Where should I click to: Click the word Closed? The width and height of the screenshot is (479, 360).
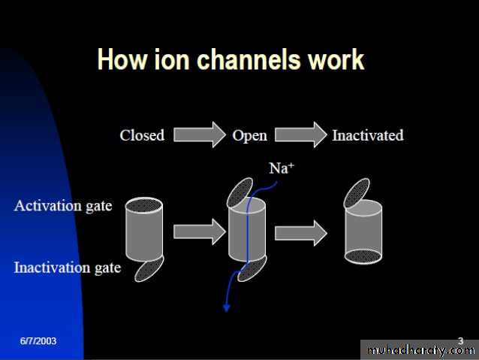[142, 136]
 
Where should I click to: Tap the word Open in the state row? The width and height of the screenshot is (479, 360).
[250, 136]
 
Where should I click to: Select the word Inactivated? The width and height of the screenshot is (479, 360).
[368, 136]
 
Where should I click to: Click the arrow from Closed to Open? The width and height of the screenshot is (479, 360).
[198, 135]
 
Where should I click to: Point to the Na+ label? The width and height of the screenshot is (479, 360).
[280, 168]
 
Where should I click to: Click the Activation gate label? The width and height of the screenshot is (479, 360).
[62, 205]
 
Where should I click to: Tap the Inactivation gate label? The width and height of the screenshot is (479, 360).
[68, 268]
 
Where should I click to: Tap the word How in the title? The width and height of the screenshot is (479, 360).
[118, 60]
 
